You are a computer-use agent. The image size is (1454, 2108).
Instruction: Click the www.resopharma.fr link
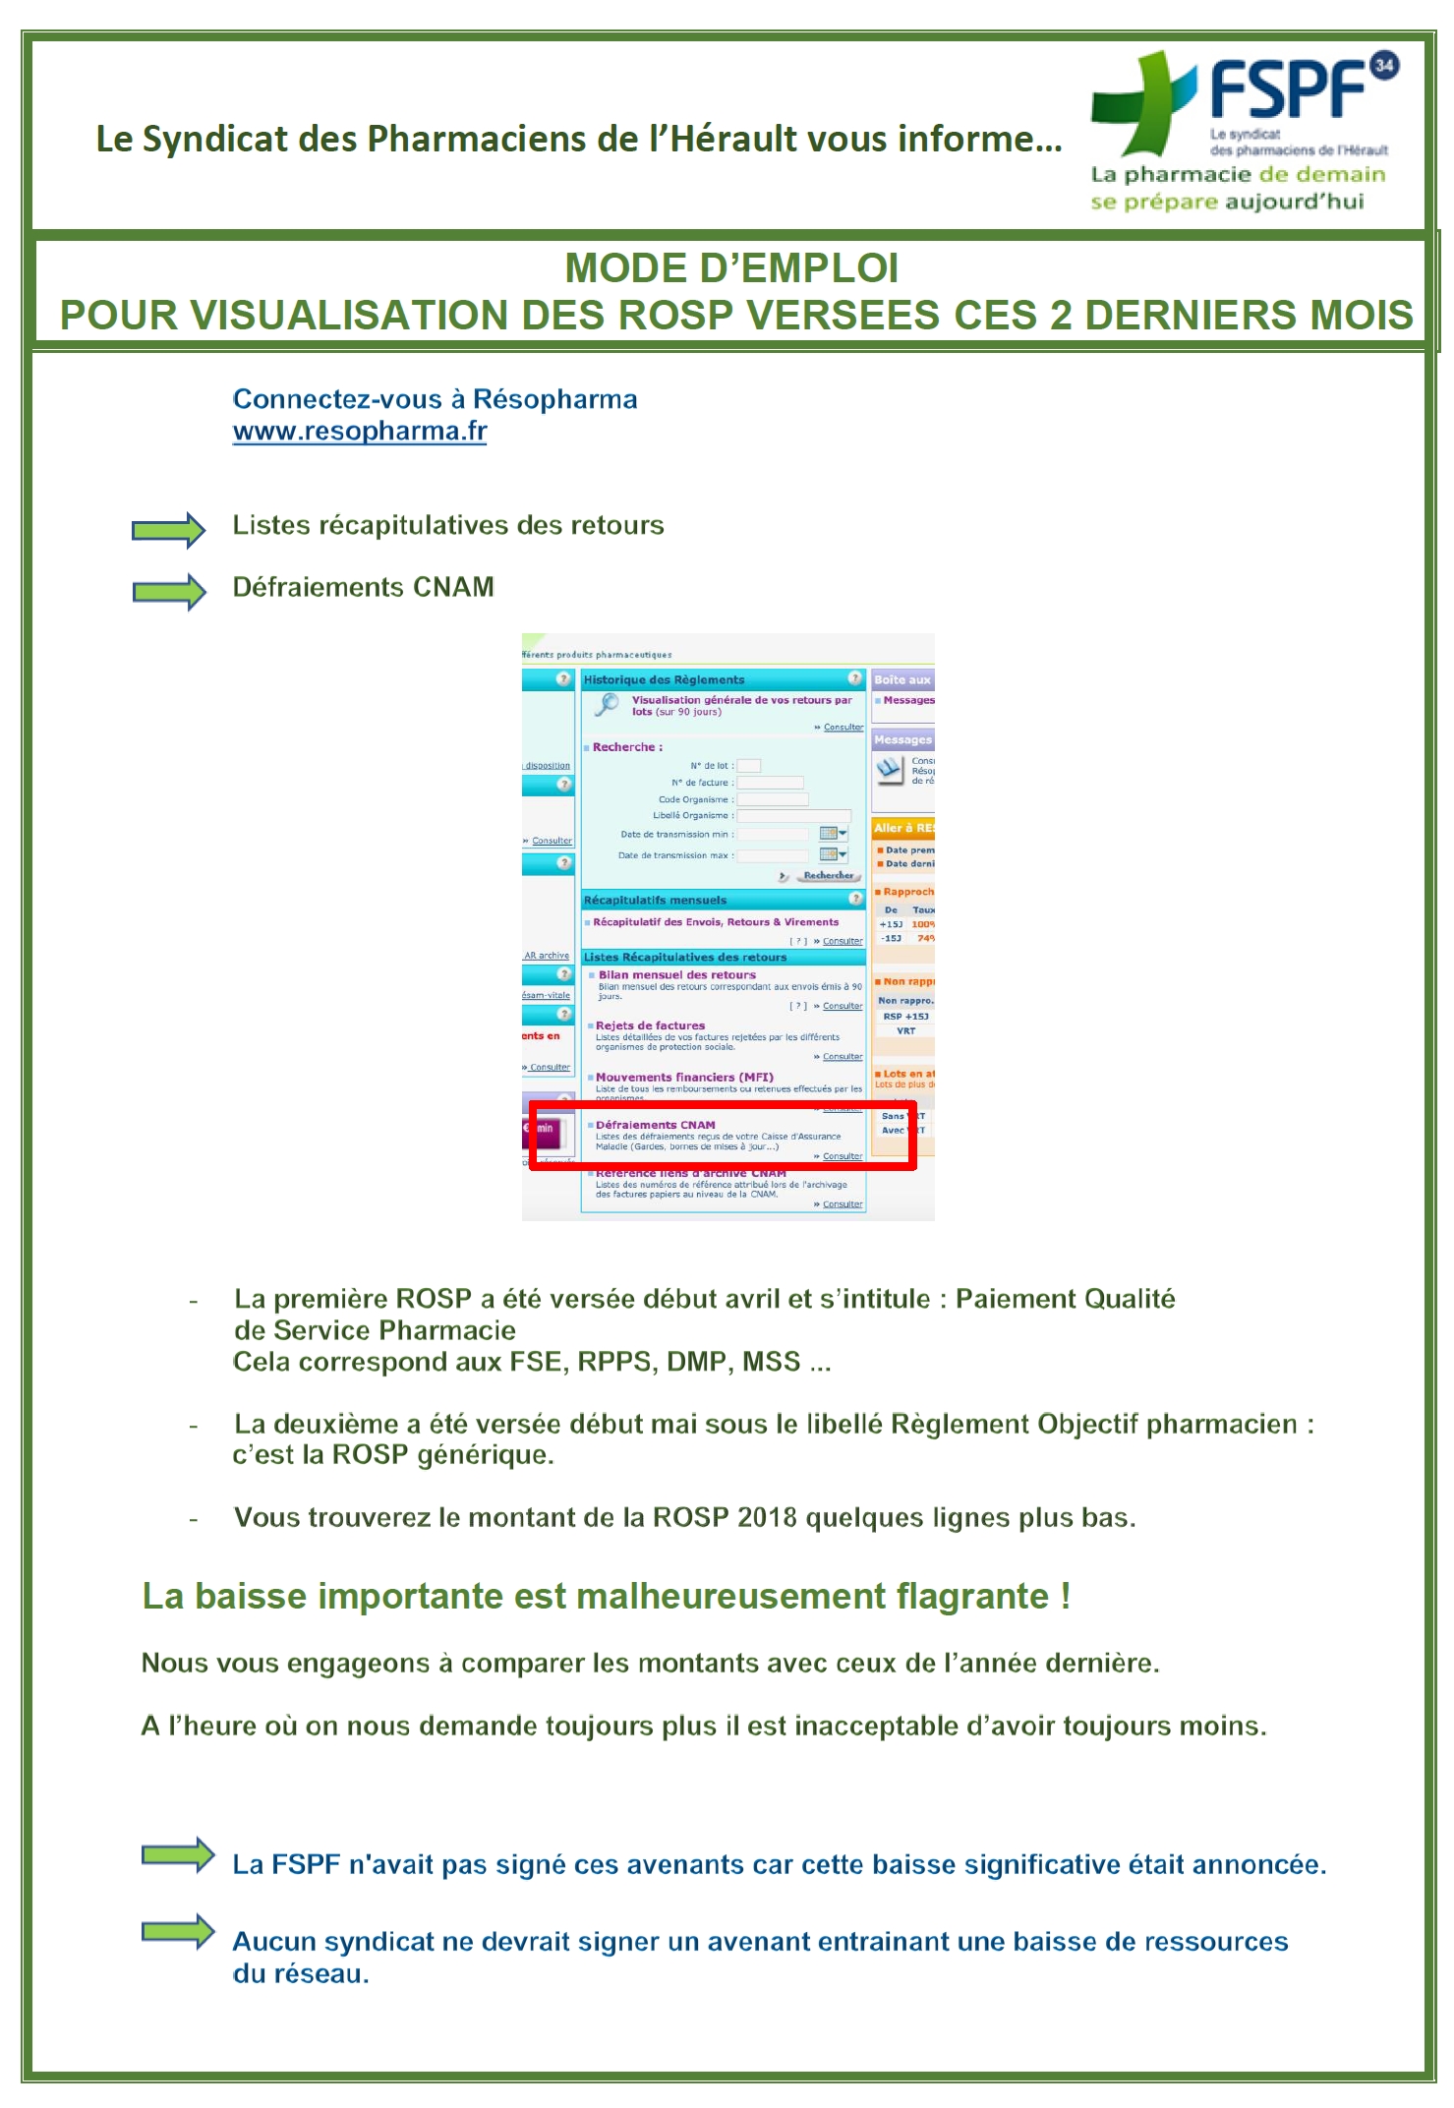[x=360, y=432]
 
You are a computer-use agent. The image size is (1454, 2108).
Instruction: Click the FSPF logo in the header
[x=1244, y=103]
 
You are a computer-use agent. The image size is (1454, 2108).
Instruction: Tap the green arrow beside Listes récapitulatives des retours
[x=168, y=531]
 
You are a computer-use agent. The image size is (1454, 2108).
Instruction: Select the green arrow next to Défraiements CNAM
[x=168, y=592]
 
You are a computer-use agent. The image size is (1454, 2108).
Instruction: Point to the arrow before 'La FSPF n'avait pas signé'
[x=178, y=1855]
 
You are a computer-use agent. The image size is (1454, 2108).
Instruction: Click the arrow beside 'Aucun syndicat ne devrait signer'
[x=178, y=1931]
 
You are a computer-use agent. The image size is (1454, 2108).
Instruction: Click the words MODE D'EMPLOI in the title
[x=731, y=268]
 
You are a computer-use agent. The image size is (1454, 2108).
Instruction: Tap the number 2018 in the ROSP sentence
[x=767, y=1518]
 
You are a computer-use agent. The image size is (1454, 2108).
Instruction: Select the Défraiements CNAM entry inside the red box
[x=656, y=1125]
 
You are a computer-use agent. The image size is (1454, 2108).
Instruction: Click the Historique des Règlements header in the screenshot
[x=665, y=679]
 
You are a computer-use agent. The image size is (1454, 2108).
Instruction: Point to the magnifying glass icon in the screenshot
[x=608, y=704]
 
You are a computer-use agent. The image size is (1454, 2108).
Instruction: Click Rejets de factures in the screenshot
[x=650, y=1025]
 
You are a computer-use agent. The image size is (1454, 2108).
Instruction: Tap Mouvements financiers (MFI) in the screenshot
[x=684, y=1077]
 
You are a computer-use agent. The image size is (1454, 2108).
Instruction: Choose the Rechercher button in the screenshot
[x=828, y=875]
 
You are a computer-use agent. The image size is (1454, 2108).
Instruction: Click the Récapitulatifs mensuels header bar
[x=656, y=900]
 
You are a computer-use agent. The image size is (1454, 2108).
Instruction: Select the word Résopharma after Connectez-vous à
[x=555, y=399]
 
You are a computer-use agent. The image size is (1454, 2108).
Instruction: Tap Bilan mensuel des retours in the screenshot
[x=677, y=975]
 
